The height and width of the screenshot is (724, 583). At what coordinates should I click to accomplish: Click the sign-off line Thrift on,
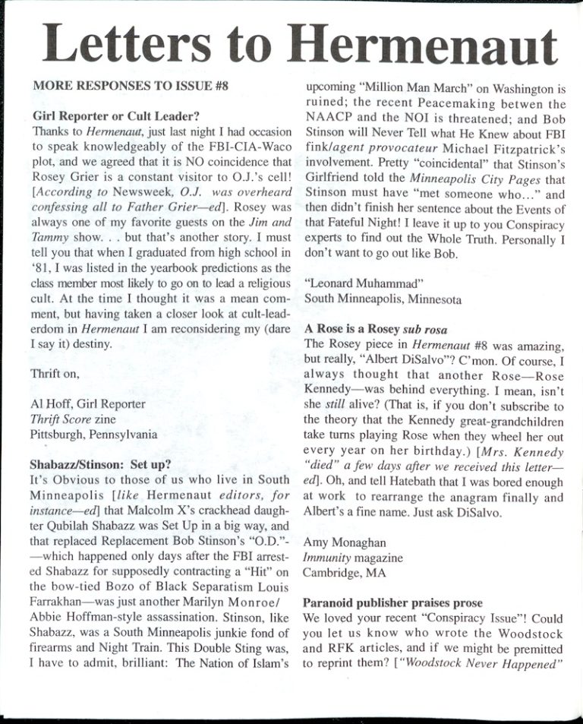[x=56, y=374]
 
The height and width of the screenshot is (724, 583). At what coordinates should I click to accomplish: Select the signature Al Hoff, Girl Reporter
[x=88, y=404]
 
